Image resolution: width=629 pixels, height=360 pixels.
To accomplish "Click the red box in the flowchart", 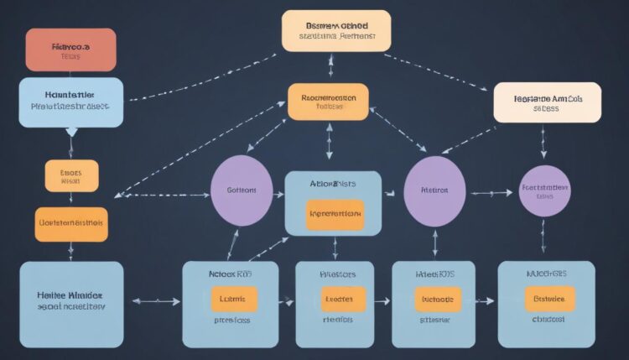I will coord(70,50).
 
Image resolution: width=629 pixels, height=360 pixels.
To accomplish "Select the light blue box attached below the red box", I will coord(71,102).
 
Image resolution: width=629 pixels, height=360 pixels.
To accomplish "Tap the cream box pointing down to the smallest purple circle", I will coord(547,102).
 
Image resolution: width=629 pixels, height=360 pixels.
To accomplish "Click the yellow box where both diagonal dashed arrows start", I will coord(335,31).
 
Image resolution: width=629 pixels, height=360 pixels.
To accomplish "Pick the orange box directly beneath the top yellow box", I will coord(328,102).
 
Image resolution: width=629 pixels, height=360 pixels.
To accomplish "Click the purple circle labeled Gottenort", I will coord(242,190).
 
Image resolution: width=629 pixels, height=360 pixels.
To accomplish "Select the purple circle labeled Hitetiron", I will coord(434,191).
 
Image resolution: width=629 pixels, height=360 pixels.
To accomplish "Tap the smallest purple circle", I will coord(544,191).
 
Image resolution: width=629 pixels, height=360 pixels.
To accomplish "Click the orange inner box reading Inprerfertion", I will coord(335,214).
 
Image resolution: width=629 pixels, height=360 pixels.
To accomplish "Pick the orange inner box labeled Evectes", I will coord(342,300).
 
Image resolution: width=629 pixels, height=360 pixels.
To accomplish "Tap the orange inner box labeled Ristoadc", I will coord(437,300).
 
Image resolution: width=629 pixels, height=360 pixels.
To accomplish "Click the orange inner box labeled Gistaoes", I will coord(549,299).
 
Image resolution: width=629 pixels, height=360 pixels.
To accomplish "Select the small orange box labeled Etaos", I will coord(71,176).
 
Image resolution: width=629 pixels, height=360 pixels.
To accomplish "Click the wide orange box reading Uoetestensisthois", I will coord(71,224).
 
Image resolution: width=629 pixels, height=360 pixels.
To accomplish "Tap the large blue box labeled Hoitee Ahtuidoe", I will coord(71,302).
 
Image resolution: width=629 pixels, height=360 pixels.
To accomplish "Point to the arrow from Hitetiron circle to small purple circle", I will coord(491,193).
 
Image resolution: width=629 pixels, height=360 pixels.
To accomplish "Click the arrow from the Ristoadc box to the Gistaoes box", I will coord(486,300).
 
